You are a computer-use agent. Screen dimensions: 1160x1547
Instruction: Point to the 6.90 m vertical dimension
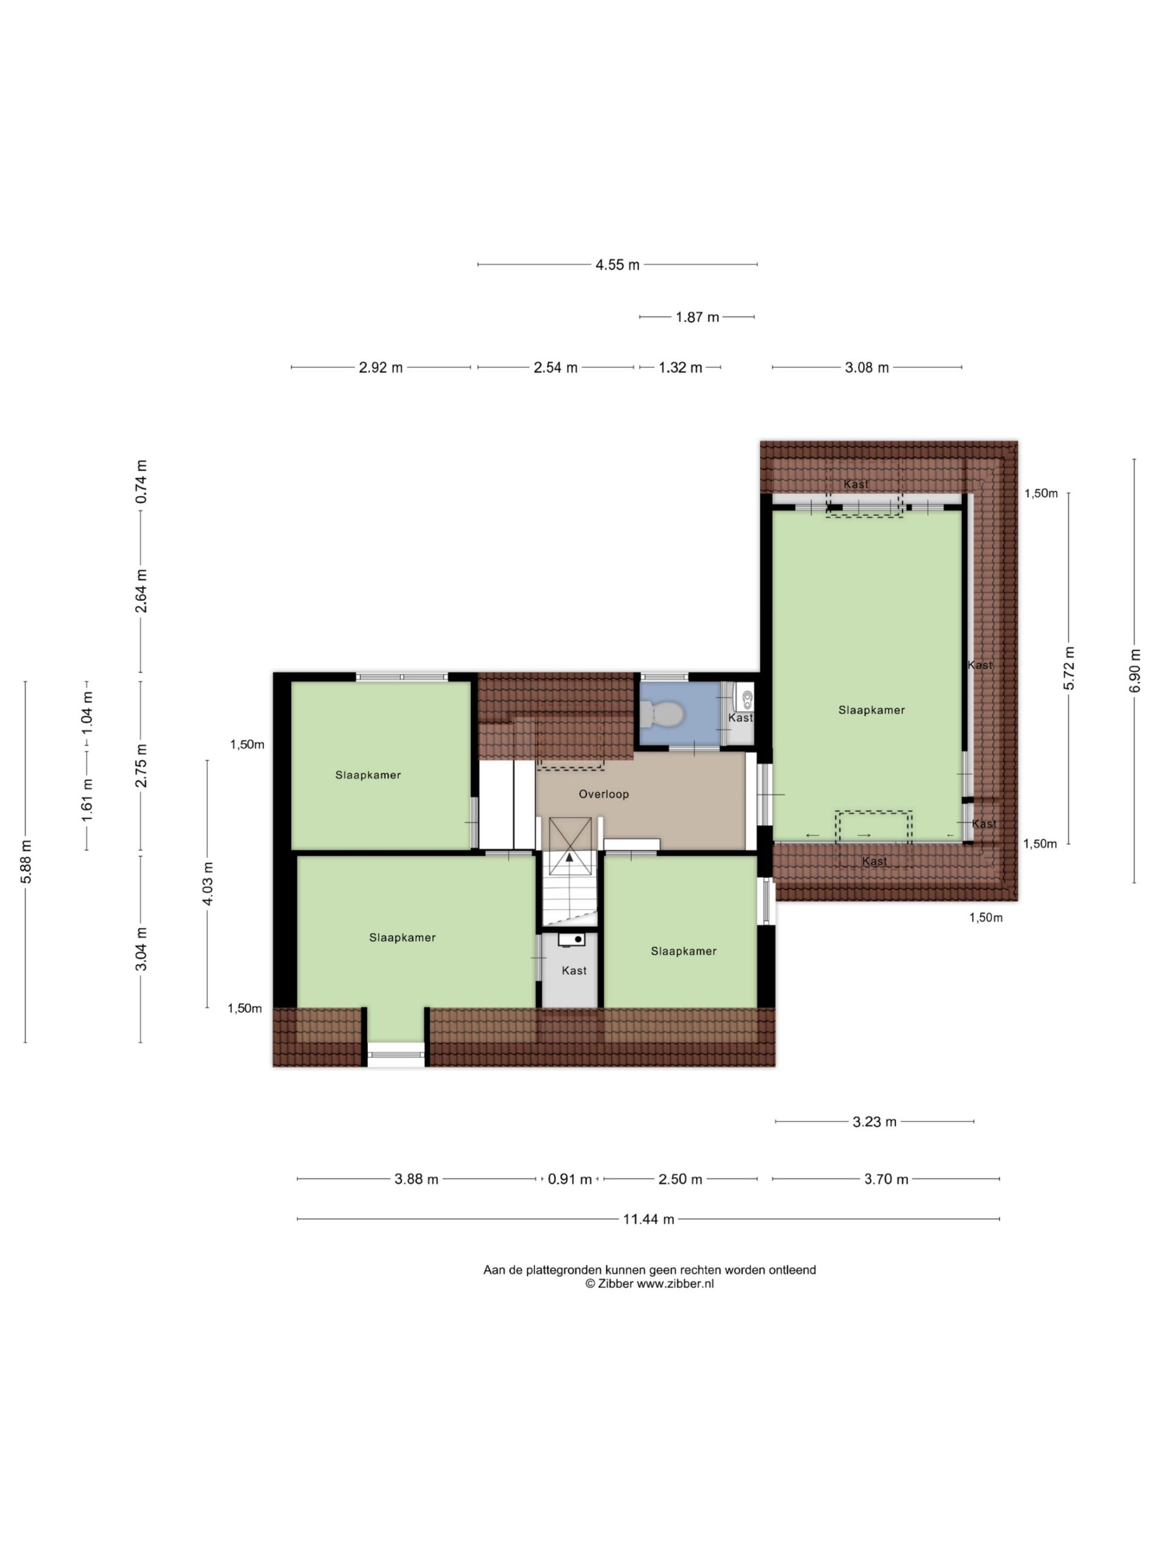tap(1134, 671)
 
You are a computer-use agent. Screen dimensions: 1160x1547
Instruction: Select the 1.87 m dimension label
tap(697, 317)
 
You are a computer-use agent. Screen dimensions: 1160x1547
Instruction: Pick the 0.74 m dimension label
tap(141, 482)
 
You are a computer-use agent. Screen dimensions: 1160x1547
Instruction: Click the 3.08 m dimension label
tap(867, 368)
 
